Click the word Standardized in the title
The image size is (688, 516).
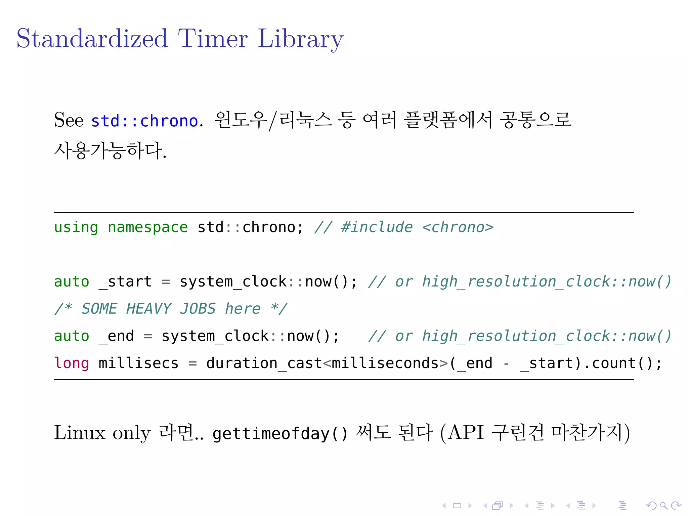(x=92, y=39)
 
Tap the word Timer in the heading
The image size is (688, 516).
(x=213, y=39)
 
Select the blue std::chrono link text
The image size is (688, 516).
(x=144, y=121)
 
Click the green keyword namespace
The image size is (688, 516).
(x=147, y=227)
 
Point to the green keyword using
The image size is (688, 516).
(x=76, y=227)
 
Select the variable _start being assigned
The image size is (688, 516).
(x=125, y=282)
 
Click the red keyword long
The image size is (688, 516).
(x=72, y=363)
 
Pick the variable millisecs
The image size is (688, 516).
(x=138, y=363)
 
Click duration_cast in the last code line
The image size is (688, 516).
(x=264, y=363)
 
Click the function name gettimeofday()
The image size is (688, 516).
(x=280, y=433)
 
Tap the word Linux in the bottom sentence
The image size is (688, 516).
(x=80, y=433)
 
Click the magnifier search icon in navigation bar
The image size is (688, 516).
(x=663, y=505)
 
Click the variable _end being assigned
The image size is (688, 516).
(x=116, y=336)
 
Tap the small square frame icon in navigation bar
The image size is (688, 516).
(x=457, y=505)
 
